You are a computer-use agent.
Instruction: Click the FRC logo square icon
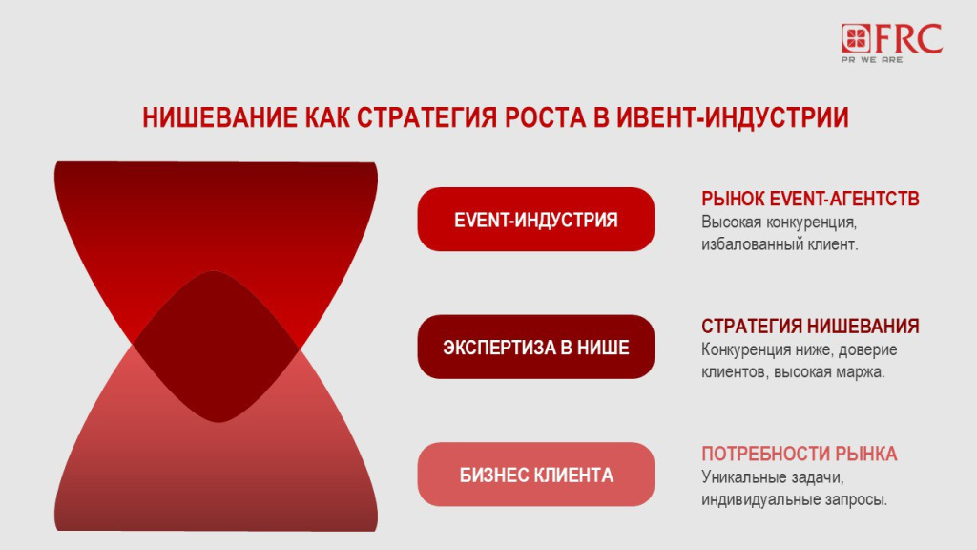point(857,39)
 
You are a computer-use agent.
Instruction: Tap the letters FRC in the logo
point(907,38)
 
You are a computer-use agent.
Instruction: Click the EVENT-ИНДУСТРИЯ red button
point(535,220)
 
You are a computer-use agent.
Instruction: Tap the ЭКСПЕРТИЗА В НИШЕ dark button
point(535,347)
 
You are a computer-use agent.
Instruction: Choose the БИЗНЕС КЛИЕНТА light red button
point(535,475)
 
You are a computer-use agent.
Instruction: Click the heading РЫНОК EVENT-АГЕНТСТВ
point(810,199)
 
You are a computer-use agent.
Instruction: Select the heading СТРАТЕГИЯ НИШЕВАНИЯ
point(810,327)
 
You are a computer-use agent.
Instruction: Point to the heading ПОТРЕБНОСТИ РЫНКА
point(799,454)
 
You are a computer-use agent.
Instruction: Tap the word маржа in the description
point(863,372)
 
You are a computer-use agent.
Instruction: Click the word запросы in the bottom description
point(855,499)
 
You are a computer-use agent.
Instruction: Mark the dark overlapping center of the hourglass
point(216,346)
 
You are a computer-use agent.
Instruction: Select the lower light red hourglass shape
point(216,477)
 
